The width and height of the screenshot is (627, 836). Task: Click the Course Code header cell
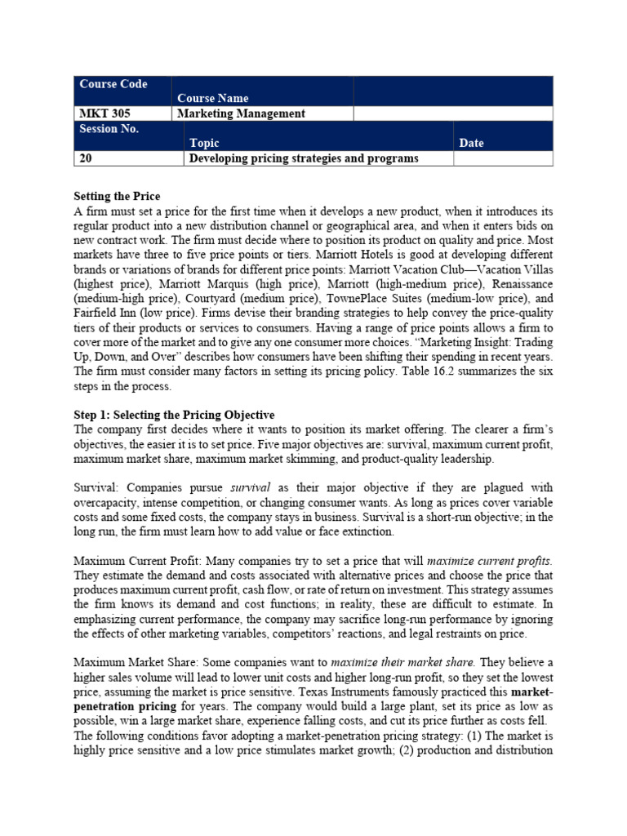coord(113,84)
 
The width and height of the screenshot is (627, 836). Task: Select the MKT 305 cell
coord(101,113)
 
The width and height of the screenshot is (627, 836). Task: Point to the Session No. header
coord(109,129)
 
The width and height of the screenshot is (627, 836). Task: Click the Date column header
coord(471,143)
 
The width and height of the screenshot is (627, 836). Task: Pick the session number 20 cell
coord(86,158)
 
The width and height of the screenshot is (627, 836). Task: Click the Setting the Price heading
coord(117,197)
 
